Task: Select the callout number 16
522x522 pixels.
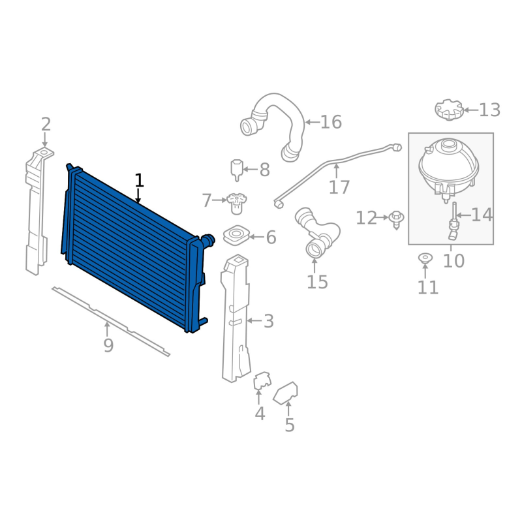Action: point(331,122)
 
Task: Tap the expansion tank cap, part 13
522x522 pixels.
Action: point(449,110)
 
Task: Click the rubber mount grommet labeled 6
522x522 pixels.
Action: point(236,235)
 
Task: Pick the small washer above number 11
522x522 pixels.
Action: point(425,258)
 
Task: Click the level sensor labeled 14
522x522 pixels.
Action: point(453,221)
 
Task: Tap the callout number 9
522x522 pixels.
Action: point(108,346)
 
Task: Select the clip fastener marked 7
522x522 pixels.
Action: point(236,204)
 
